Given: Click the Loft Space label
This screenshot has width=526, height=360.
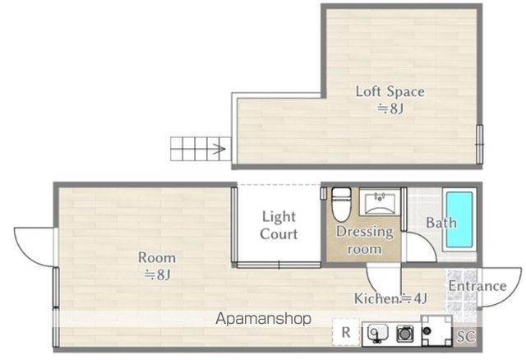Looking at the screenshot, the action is (x=390, y=91).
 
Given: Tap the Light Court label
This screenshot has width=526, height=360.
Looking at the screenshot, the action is (x=279, y=225).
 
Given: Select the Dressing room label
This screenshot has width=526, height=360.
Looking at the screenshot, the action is (x=365, y=240).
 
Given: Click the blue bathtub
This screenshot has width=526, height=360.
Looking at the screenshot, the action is (x=459, y=219).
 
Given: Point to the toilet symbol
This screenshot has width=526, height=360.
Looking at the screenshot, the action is (x=341, y=205).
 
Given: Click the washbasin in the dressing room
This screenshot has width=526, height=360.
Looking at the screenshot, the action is (x=380, y=202).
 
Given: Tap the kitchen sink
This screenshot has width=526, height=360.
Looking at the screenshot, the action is (x=377, y=333).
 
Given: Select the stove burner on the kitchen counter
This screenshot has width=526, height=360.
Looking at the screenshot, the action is (x=405, y=334).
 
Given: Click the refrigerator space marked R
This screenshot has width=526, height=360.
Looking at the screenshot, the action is (x=346, y=332).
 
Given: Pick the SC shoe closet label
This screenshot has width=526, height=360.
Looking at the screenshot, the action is (x=466, y=336).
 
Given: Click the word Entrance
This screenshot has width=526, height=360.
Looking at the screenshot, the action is (x=478, y=286).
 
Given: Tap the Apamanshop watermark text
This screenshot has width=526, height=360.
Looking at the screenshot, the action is (x=263, y=318).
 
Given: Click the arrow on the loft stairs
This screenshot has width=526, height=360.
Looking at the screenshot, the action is (x=217, y=149).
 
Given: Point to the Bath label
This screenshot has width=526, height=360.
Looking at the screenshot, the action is (x=441, y=223).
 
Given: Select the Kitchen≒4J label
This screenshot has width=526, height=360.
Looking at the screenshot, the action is (x=391, y=298).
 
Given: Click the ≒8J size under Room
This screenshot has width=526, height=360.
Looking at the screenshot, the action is (x=157, y=275).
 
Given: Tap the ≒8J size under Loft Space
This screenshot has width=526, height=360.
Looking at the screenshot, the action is (x=390, y=108).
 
